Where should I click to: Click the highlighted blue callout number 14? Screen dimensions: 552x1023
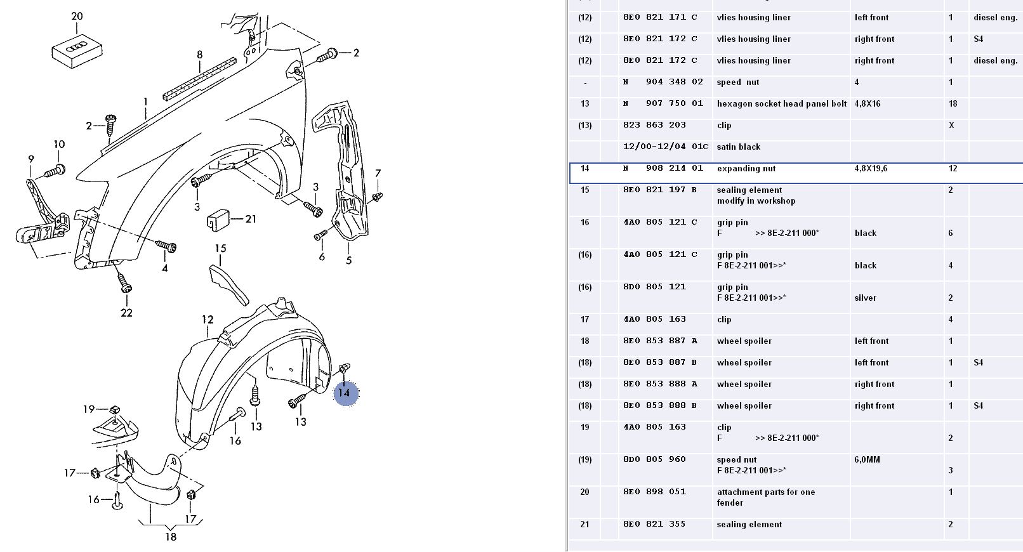344,393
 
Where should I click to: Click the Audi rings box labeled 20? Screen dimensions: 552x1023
77,49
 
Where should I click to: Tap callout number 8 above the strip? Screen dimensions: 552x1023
199,55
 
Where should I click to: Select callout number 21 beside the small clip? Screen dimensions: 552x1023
251,219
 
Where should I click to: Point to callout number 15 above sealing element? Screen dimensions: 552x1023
220,248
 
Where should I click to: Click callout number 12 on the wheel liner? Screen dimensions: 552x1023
208,319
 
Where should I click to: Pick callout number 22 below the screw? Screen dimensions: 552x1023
126,312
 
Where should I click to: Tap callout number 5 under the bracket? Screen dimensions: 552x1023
348,260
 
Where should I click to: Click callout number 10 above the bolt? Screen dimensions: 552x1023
59,144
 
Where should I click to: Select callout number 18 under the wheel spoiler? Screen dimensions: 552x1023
171,537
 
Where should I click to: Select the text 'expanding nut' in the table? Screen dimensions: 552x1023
746,169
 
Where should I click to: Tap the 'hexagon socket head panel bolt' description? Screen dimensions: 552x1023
781,104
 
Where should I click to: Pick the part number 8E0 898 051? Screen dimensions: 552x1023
655,492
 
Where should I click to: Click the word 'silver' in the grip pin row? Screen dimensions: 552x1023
865,298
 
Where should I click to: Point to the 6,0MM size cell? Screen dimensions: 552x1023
867,460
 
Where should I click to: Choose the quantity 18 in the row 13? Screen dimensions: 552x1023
953,104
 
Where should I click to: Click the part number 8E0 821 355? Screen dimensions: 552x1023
655,524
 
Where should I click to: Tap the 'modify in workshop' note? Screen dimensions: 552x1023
756,201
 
